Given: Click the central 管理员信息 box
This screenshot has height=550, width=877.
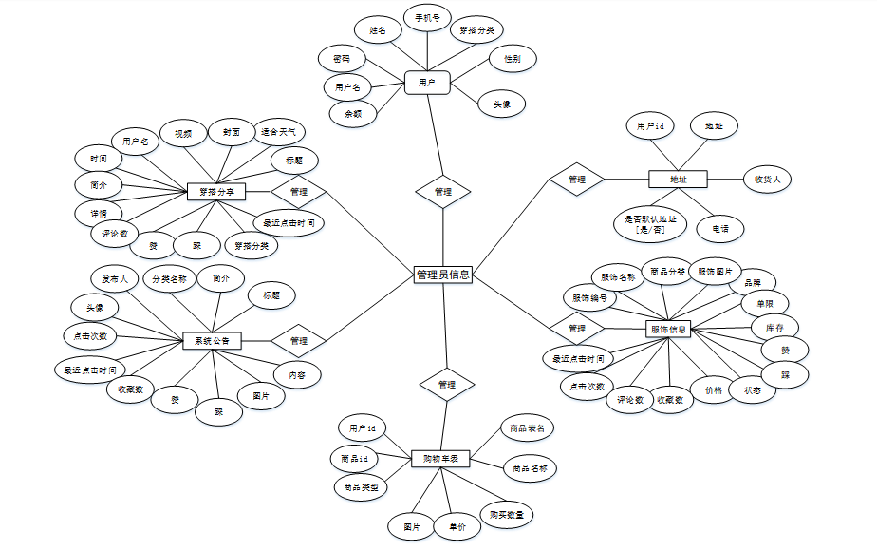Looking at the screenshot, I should pyautogui.click(x=443, y=275).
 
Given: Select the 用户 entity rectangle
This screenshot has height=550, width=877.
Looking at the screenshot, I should pyautogui.click(x=426, y=83).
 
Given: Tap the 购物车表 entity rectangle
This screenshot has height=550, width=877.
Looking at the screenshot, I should pyautogui.click(x=441, y=459).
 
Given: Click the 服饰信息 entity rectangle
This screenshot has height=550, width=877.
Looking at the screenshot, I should pyautogui.click(x=669, y=330).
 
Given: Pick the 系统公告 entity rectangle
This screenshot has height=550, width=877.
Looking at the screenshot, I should pyautogui.click(x=212, y=340).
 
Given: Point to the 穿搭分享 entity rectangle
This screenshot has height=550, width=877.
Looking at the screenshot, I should pyautogui.click(x=216, y=192).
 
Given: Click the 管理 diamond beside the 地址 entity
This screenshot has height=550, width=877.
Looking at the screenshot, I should pyautogui.click(x=576, y=180).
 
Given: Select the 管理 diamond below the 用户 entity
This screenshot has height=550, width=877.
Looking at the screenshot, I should pyautogui.click(x=442, y=191).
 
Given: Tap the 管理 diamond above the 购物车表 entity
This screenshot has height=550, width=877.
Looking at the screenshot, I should pyautogui.click(x=447, y=385).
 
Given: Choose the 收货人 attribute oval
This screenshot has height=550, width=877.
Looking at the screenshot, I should pyautogui.click(x=767, y=178).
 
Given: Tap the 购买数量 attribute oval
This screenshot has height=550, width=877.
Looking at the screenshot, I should pyautogui.click(x=507, y=514).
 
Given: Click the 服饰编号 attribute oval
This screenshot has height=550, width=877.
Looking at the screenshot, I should pyautogui.click(x=588, y=297).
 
